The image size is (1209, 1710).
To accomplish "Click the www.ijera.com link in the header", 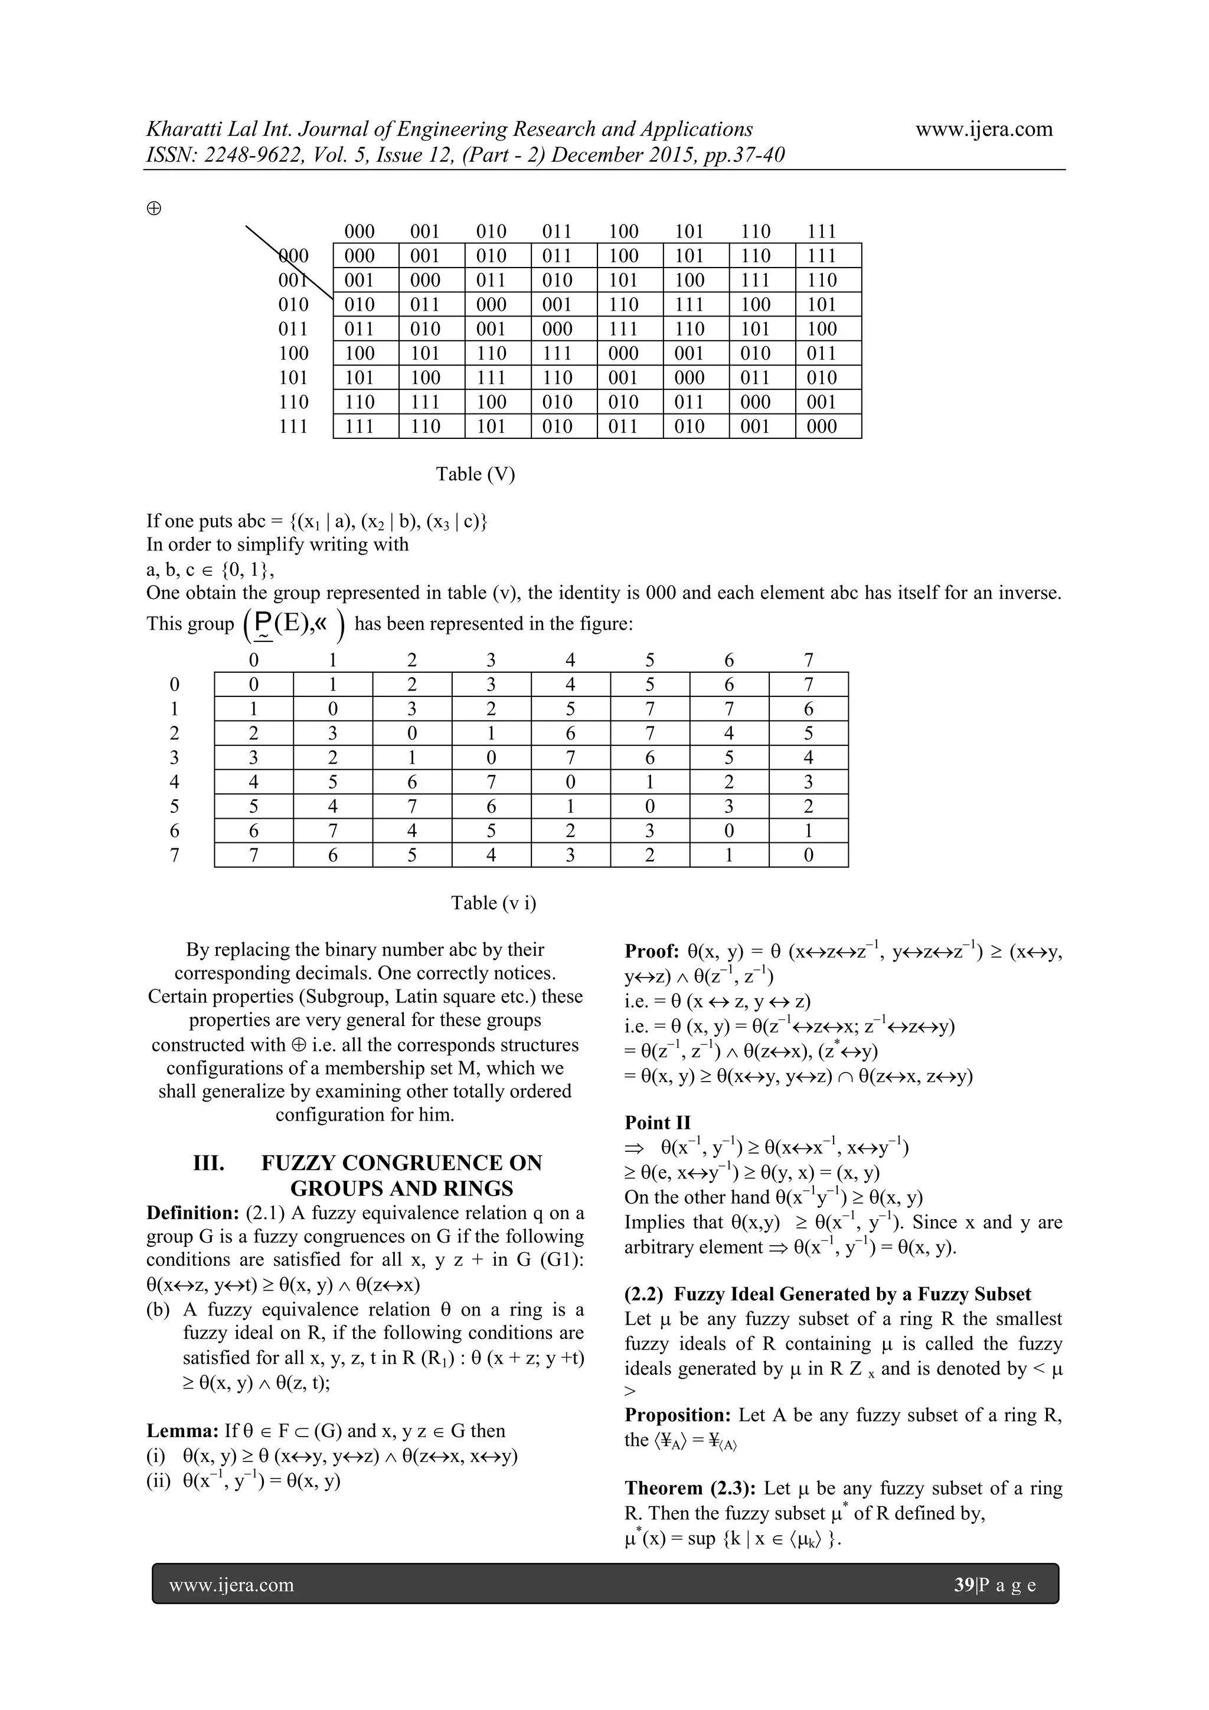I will [983, 129].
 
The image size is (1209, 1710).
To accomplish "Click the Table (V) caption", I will [475, 474].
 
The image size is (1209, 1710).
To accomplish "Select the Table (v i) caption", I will [493, 903].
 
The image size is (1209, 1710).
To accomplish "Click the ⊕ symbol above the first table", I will [154, 209].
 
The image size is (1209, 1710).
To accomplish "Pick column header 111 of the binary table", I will [821, 231].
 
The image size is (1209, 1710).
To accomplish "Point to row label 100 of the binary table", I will [293, 353].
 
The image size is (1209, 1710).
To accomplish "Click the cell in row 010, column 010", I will [491, 305].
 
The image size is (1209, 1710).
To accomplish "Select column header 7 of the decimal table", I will [809, 660].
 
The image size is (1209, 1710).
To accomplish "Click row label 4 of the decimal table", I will [174, 782].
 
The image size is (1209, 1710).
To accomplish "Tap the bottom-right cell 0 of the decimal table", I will [809, 855].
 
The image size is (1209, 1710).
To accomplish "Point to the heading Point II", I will [658, 1122].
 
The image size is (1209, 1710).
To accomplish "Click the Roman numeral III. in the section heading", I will [208, 1164].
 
